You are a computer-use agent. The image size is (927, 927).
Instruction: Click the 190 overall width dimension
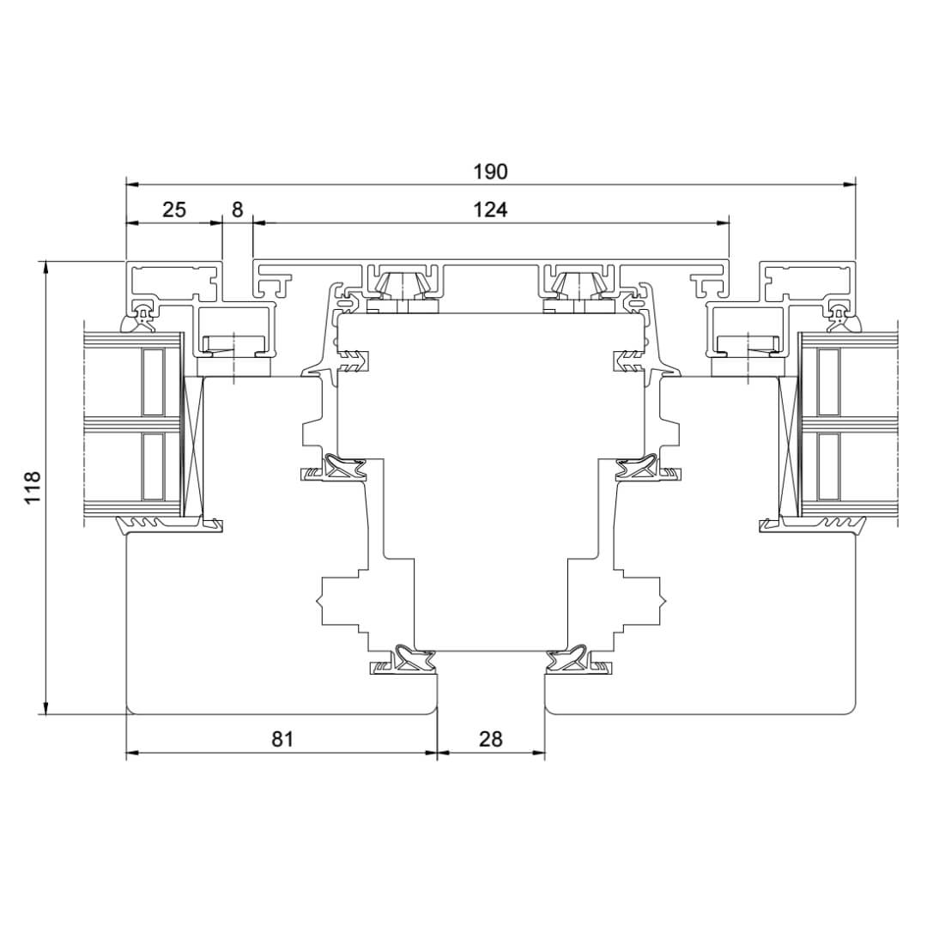click(490, 172)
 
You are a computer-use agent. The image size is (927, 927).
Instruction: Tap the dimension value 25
click(173, 209)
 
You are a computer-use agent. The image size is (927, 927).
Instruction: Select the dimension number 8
click(237, 209)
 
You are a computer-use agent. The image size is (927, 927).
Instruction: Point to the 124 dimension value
click(490, 209)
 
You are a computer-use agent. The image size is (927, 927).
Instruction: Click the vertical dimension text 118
click(32, 488)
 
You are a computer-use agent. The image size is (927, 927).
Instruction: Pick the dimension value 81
click(282, 739)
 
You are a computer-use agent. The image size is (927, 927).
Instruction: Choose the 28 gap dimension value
click(490, 739)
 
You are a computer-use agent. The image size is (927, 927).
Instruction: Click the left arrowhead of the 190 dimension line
click(133, 185)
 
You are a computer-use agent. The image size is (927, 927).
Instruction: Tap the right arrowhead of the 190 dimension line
click(849, 185)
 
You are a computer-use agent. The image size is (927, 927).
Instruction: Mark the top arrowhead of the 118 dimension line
click(45, 267)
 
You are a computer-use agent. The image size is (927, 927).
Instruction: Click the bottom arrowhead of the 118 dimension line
click(45, 707)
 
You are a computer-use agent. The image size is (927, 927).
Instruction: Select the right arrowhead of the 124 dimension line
click(722, 223)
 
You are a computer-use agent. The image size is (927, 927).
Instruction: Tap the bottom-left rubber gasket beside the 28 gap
click(404, 659)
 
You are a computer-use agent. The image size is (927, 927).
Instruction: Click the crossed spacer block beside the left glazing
click(193, 447)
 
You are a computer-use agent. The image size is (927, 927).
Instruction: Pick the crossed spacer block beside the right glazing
click(788, 447)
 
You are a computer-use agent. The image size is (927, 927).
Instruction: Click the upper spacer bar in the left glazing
click(153, 382)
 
